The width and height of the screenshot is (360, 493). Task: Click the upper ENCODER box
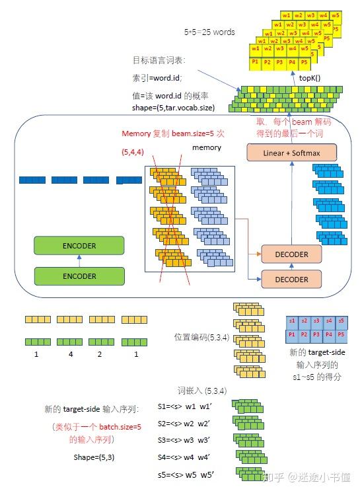point(79,246)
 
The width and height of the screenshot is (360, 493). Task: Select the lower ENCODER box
point(79,276)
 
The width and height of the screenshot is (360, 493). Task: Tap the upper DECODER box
point(291,254)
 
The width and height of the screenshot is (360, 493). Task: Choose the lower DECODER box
point(291,280)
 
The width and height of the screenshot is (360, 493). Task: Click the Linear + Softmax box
point(291,152)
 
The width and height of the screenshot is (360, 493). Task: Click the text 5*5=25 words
point(209,32)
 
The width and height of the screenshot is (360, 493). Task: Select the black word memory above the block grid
point(206,147)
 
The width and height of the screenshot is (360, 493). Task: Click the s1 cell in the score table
point(292,321)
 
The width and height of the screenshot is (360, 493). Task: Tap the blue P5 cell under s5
point(340,336)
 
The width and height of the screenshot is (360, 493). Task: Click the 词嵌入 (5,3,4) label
point(203,391)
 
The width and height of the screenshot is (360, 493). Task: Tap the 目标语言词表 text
point(159,60)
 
